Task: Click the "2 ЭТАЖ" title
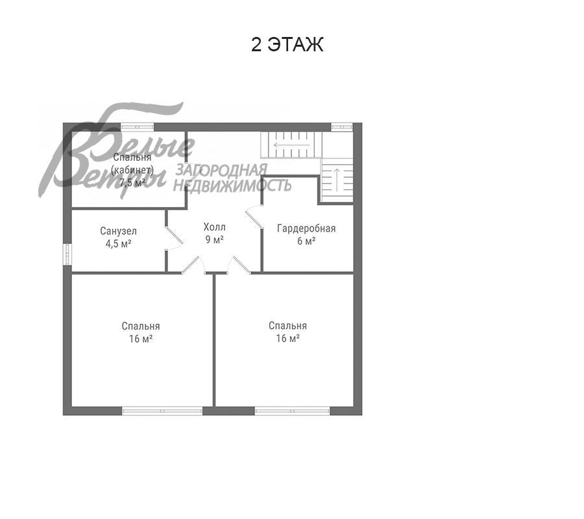click(287, 45)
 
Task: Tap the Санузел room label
click(119, 231)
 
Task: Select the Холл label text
click(215, 226)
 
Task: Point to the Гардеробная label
click(306, 228)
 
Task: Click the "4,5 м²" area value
click(119, 244)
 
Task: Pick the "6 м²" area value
click(306, 241)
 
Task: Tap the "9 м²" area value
click(215, 239)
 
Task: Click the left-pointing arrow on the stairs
click(291, 145)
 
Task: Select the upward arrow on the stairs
click(337, 180)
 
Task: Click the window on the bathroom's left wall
click(67, 254)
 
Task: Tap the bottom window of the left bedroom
click(162, 411)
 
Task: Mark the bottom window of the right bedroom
click(293, 411)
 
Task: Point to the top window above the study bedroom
click(138, 127)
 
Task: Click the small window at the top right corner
click(342, 127)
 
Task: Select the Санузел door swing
click(175, 237)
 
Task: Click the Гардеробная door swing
click(254, 217)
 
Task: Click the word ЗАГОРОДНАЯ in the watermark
click(221, 170)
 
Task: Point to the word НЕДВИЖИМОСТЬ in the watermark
click(232, 185)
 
